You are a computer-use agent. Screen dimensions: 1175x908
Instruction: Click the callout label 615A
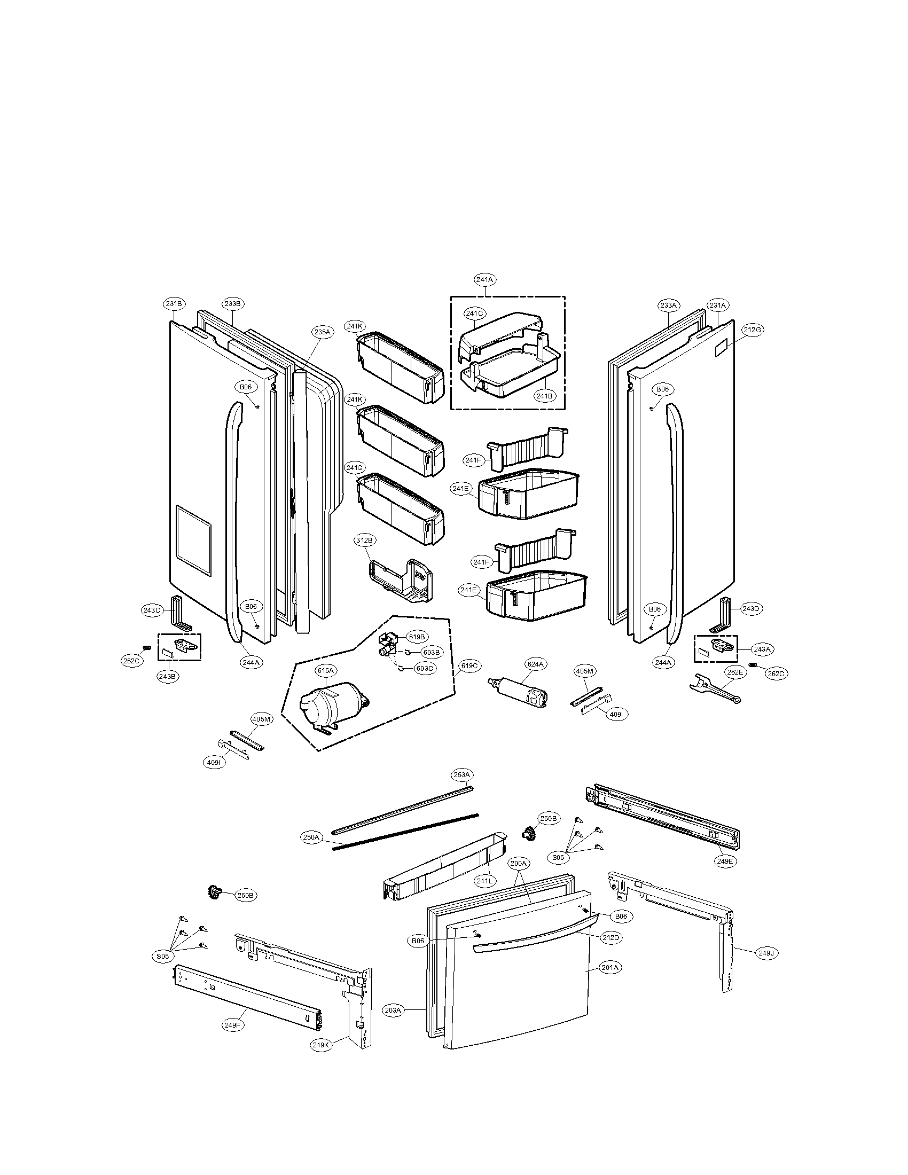[325, 670]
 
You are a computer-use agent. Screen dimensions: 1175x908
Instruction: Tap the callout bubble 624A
[536, 664]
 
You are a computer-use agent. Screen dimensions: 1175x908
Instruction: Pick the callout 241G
[355, 468]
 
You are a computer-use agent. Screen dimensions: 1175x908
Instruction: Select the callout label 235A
[322, 332]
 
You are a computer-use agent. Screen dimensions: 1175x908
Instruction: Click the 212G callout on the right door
[752, 330]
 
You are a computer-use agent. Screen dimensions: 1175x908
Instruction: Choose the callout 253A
[461, 775]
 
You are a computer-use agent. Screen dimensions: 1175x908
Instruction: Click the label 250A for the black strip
[311, 837]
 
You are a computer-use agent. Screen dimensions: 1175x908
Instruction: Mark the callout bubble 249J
[766, 953]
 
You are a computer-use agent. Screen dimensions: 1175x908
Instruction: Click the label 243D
[750, 608]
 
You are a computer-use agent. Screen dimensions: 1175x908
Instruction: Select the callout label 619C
[468, 666]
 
